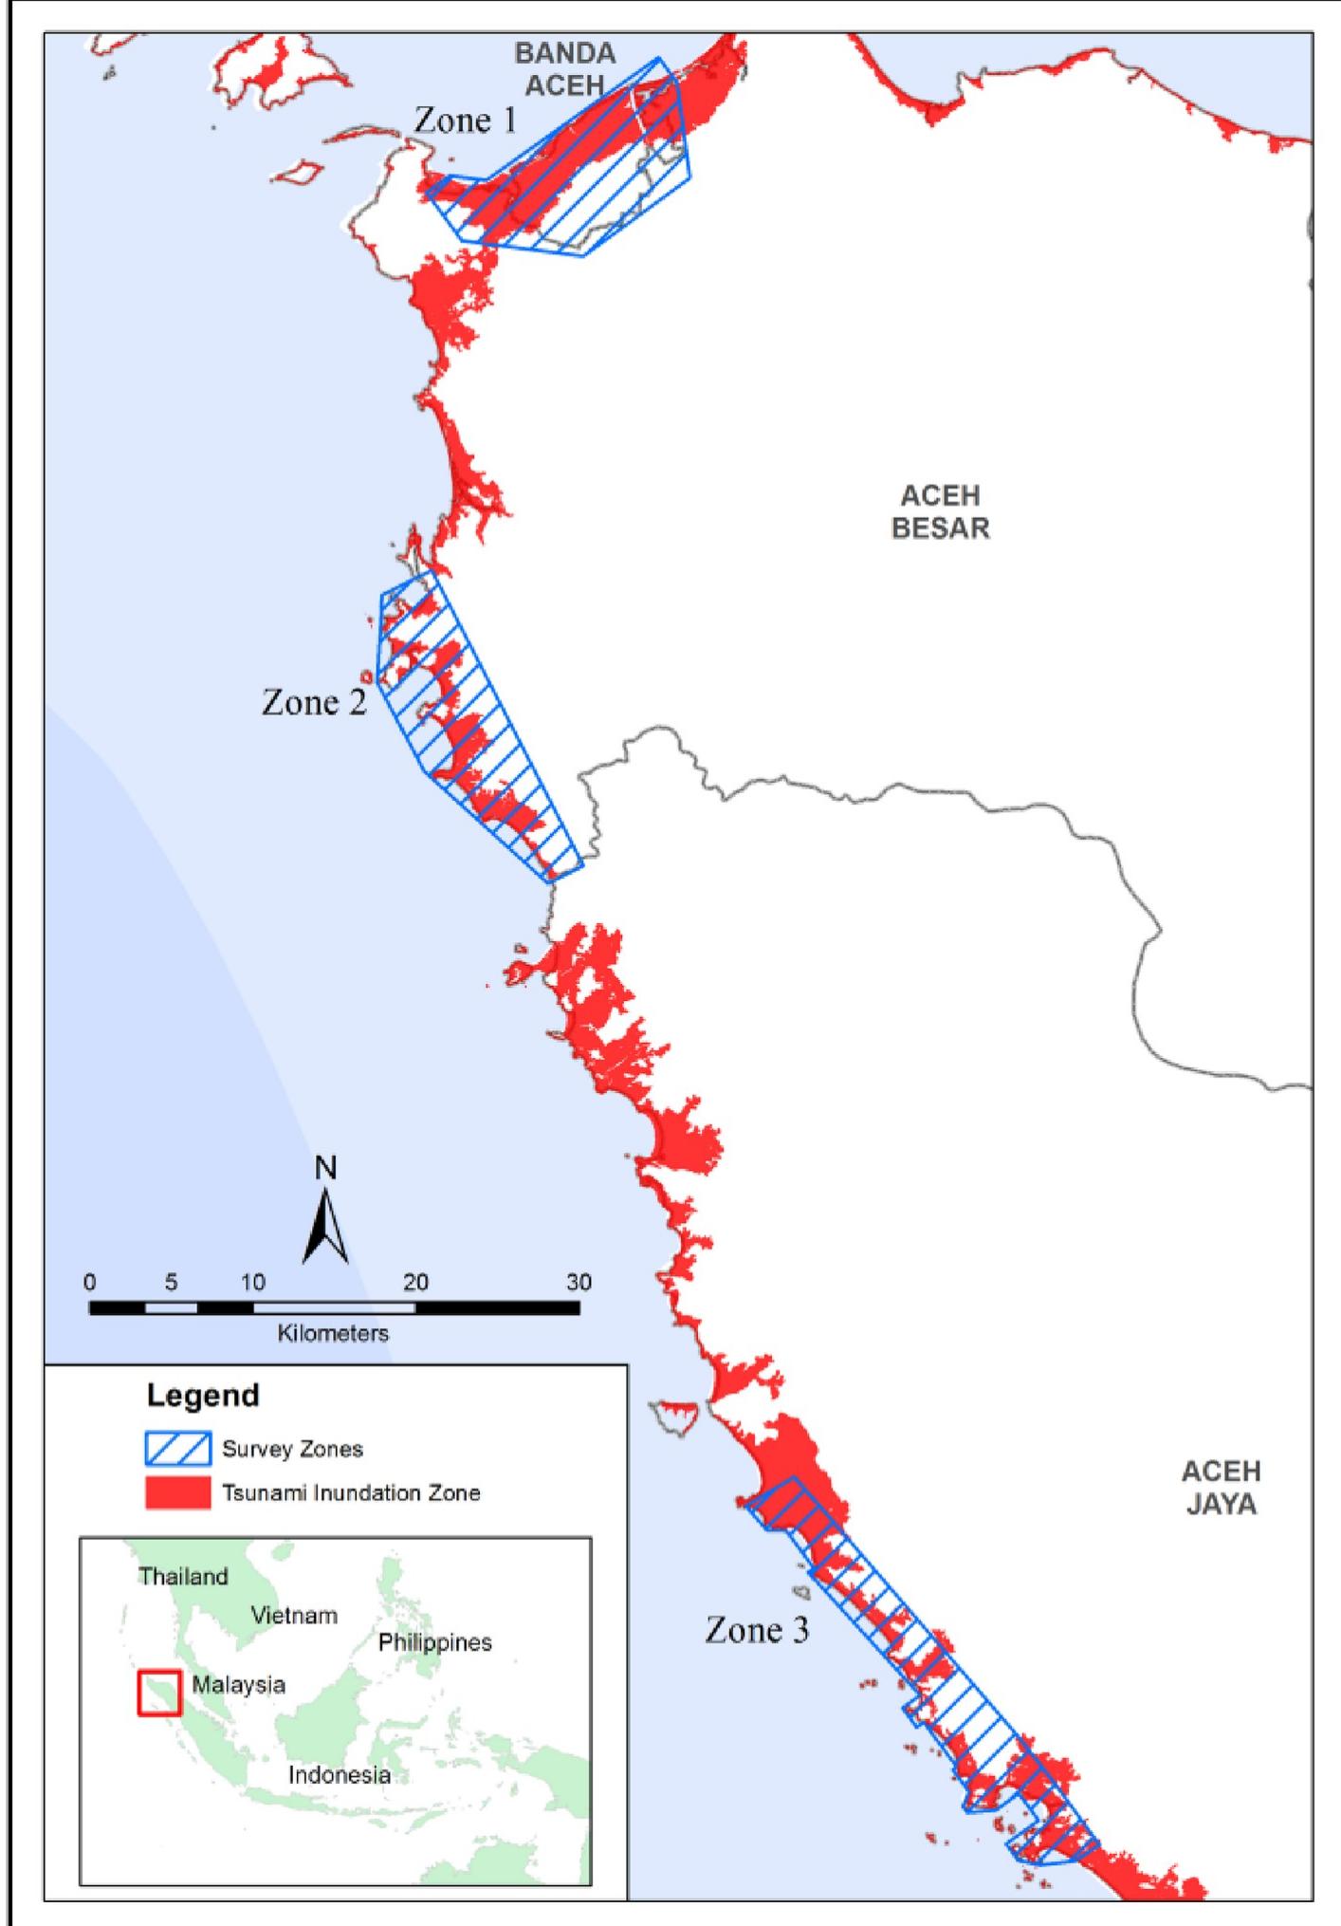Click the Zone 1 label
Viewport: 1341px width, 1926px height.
(466, 120)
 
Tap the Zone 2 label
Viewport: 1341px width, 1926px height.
(314, 703)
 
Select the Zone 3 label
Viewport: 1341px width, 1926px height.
(757, 1630)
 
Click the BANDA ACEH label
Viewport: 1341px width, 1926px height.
(565, 69)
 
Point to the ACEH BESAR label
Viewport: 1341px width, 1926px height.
(940, 512)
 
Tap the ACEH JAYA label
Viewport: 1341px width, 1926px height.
(1221, 1488)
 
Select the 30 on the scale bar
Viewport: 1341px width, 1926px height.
(579, 1283)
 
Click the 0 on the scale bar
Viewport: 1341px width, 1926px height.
(89, 1283)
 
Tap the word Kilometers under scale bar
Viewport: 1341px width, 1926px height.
(333, 1334)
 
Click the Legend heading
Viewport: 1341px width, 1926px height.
(203, 1396)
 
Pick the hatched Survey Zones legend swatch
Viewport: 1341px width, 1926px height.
(177, 1449)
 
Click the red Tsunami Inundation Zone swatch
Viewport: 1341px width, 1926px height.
(177, 1492)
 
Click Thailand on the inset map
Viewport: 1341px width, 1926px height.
(183, 1577)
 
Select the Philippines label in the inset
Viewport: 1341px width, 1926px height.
(434, 1642)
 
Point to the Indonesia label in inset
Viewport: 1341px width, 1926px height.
(339, 1775)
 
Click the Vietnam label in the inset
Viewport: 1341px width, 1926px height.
(294, 1616)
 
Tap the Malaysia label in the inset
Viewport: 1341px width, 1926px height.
(238, 1685)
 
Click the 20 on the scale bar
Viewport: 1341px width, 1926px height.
(415, 1283)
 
